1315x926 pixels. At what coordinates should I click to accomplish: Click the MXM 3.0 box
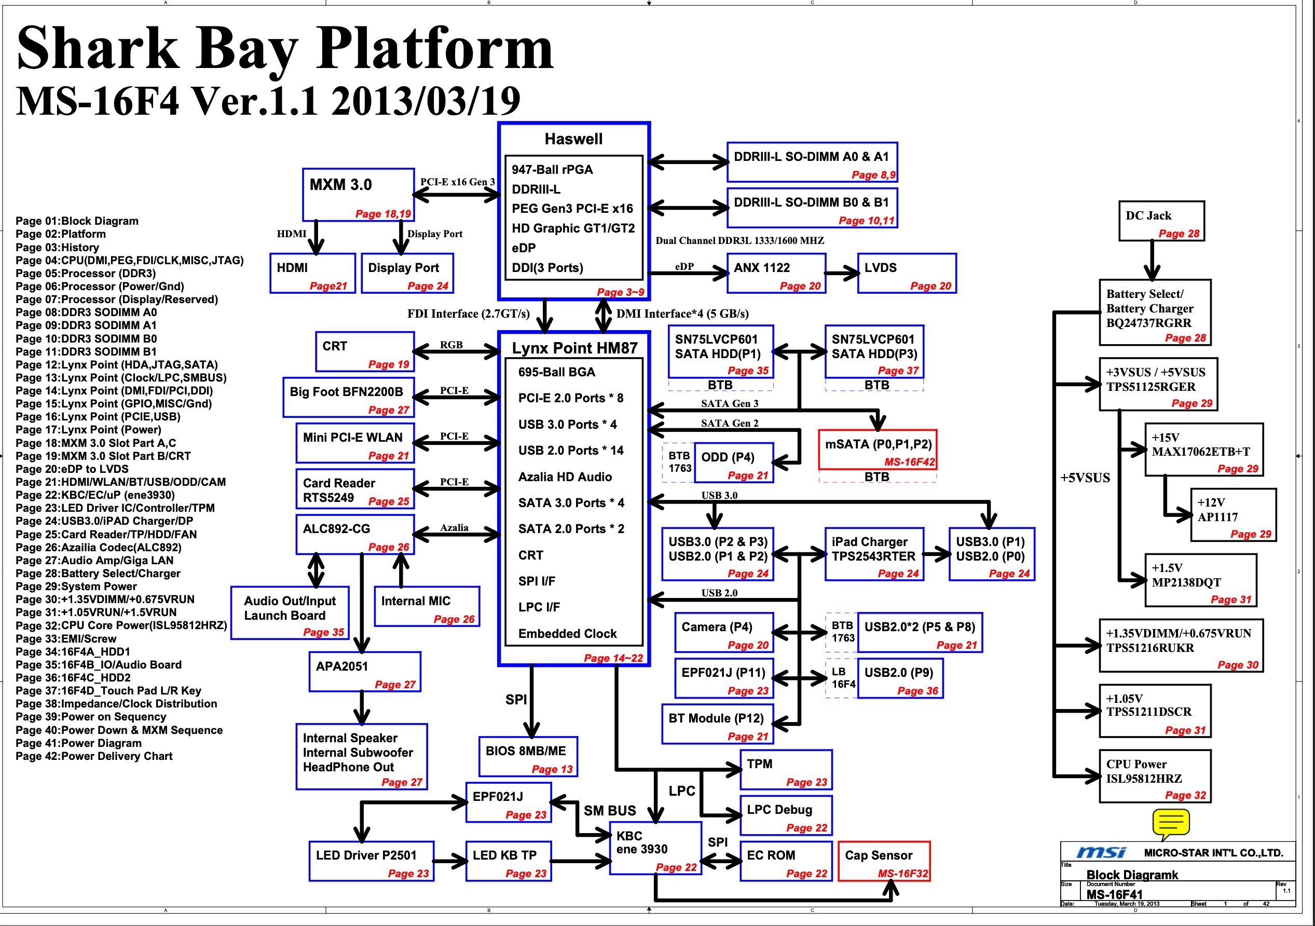(x=358, y=194)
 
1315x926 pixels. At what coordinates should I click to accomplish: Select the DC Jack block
(x=1161, y=221)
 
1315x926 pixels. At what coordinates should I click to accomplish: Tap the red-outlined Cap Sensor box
(x=883, y=861)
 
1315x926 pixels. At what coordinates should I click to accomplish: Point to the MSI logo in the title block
(x=1101, y=853)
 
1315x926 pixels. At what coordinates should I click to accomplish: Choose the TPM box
(x=786, y=770)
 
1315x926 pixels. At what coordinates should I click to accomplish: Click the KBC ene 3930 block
(x=655, y=848)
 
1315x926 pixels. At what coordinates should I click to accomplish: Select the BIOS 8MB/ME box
(x=527, y=756)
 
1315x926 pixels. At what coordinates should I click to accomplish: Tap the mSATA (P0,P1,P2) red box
(x=878, y=450)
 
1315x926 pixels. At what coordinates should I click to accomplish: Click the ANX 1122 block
(x=775, y=274)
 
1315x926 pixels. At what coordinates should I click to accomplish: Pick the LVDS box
(x=906, y=274)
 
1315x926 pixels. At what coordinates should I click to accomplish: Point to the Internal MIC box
(x=426, y=606)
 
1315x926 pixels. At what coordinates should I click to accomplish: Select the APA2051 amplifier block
(x=364, y=672)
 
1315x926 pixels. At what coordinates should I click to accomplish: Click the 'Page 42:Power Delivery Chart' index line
(x=94, y=756)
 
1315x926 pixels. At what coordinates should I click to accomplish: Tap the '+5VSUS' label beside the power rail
(x=1084, y=478)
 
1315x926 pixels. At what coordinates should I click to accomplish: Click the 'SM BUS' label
(x=609, y=811)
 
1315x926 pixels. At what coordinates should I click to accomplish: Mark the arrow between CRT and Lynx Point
(x=457, y=351)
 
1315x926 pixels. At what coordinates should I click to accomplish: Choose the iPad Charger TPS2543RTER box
(x=873, y=554)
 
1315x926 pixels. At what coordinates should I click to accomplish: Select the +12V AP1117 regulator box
(x=1232, y=514)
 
